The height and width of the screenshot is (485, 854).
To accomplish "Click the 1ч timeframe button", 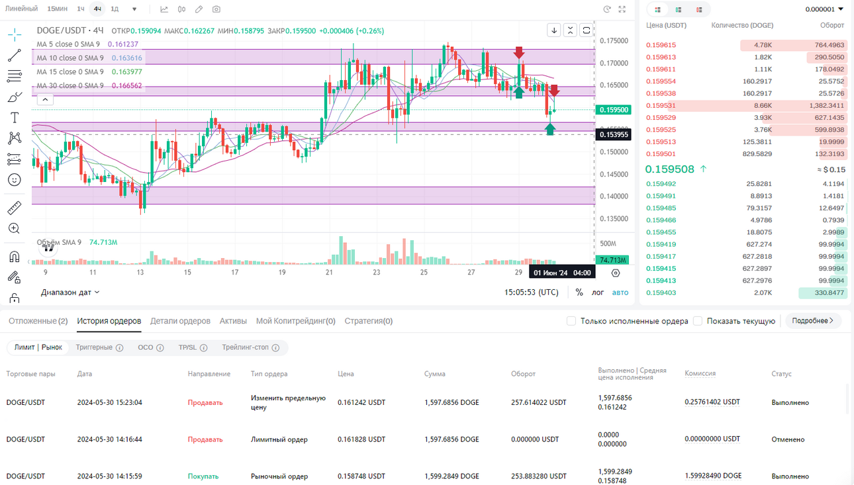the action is [x=81, y=9].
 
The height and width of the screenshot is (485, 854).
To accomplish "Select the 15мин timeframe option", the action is [x=57, y=9].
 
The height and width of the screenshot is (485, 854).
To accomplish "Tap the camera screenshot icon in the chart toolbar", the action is [x=216, y=9].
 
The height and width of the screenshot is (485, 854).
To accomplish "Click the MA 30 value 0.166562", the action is [x=125, y=85].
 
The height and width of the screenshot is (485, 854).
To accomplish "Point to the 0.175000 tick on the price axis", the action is [x=614, y=41].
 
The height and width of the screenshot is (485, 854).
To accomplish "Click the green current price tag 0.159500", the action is [x=614, y=110].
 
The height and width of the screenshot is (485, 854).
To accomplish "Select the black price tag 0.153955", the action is [x=614, y=134].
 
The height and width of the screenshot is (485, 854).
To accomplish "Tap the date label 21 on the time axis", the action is [x=329, y=272].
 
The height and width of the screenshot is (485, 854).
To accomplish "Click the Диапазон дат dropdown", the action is [x=70, y=292].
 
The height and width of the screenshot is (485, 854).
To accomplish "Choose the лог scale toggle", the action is [x=597, y=292].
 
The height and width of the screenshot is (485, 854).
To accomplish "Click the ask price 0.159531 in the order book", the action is [x=661, y=105].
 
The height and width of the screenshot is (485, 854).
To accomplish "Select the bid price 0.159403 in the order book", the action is [x=661, y=292].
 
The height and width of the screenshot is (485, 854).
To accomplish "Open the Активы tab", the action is [x=233, y=321].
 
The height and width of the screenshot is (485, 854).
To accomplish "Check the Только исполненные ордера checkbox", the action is [x=571, y=321].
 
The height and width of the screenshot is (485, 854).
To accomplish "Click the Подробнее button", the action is [x=812, y=321].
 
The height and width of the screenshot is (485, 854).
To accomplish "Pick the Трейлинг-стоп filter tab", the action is [x=250, y=347].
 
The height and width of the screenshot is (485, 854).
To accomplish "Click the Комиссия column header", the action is [x=700, y=373].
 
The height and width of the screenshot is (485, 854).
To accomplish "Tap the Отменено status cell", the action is [x=788, y=439].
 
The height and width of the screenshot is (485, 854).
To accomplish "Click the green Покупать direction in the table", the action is [x=203, y=476].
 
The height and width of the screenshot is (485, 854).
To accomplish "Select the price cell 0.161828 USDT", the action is [x=361, y=439].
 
